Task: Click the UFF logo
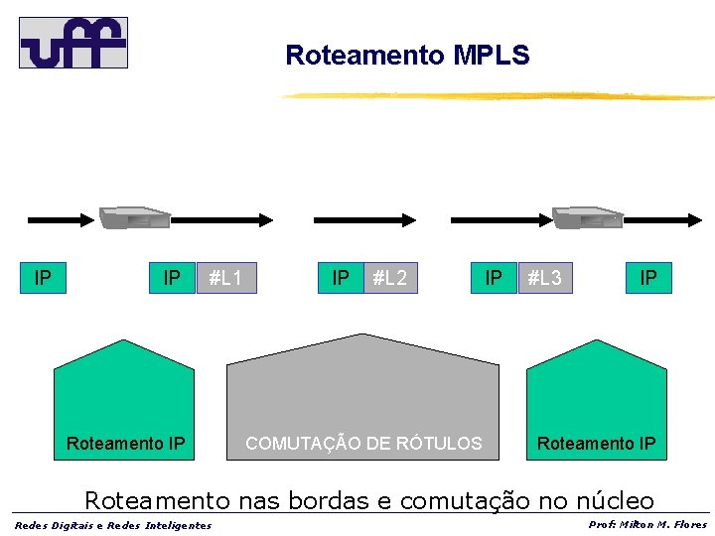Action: pyautogui.click(x=73, y=42)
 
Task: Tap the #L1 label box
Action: pyautogui.click(x=226, y=278)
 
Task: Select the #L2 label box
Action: pyautogui.click(x=390, y=278)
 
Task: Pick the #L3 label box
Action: pyautogui.click(x=544, y=278)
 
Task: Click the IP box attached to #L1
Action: pyautogui.click(x=172, y=278)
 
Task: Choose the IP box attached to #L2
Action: pyautogui.click(x=341, y=278)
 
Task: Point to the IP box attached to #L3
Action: pyautogui.click(x=494, y=278)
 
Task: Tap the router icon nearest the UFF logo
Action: pyautogui.click(x=134, y=217)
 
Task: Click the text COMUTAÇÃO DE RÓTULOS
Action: pyautogui.click(x=363, y=444)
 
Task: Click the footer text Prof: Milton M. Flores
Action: pyautogui.click(x=646, y=525)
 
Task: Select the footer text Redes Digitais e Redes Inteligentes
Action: pyautogui.click(x=113, y=525)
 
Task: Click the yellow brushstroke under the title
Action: pyautogui.click(x=497, y=96)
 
